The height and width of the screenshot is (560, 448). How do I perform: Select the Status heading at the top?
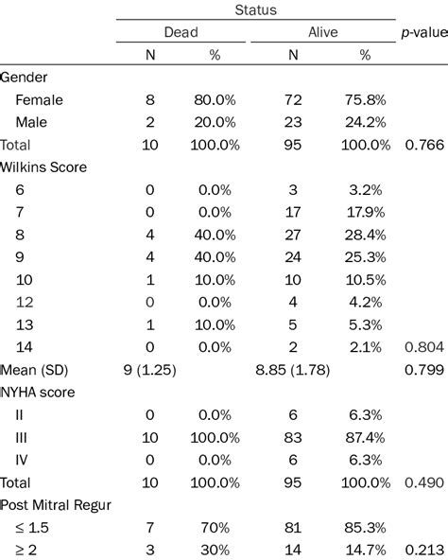(255, 9)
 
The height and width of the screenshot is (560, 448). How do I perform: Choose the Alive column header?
(322, 33)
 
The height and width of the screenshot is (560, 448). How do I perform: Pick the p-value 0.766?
(422, 146)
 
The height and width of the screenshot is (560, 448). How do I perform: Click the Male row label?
(32, 121)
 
